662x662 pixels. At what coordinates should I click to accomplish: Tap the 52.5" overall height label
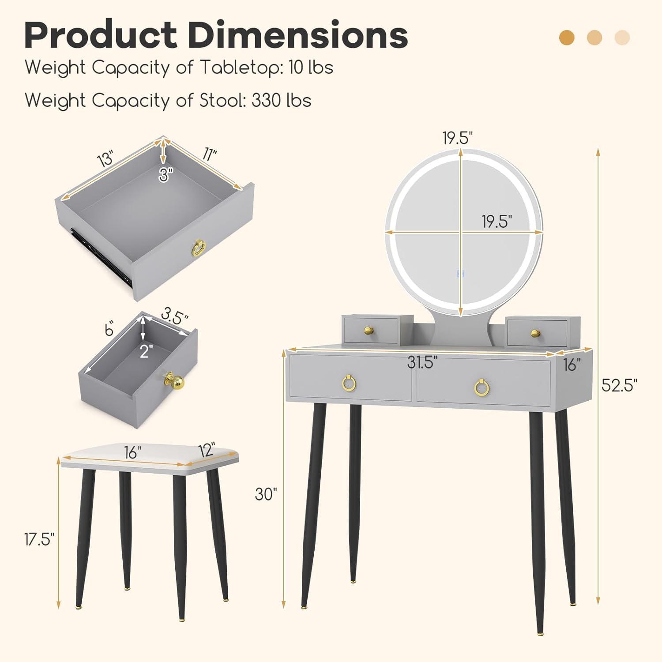(620, 385)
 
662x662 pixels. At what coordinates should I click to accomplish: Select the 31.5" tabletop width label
(422, 362)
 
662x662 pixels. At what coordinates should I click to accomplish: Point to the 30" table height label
(266, 494)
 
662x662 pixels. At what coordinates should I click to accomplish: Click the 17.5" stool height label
(39, 539)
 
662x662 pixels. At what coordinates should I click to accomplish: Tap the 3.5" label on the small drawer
(174, 316)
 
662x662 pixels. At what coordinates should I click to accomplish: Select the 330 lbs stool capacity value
(281, 100)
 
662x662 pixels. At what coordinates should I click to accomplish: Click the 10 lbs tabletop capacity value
(311, 68)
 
